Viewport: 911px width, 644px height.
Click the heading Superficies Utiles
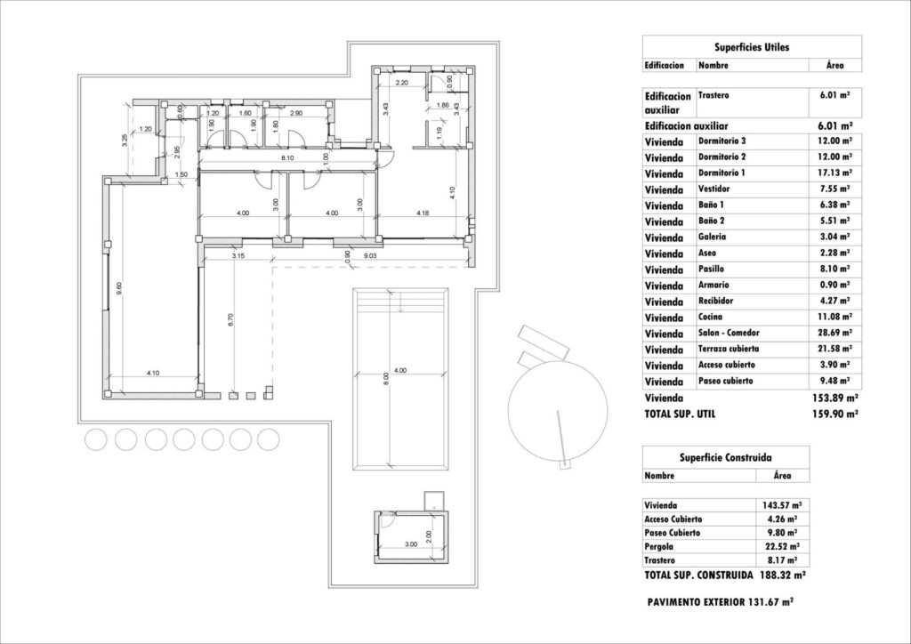coord(751,46)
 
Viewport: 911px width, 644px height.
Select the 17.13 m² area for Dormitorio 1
coord(835,173)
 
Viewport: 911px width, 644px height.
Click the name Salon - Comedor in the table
coord(730,333)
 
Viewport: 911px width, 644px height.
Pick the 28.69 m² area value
coord(835,333)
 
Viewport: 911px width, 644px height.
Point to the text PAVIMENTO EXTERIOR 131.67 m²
coord(721,602)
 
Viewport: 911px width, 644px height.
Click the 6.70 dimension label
coord(230,320)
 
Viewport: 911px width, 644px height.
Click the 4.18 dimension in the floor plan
coord(416,213)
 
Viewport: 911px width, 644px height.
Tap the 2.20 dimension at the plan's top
coord(401,82)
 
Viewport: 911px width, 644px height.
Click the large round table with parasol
coord(549,406)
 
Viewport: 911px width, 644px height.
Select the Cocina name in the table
coord(713,317)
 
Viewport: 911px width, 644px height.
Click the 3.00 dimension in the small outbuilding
coord(411,543)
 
